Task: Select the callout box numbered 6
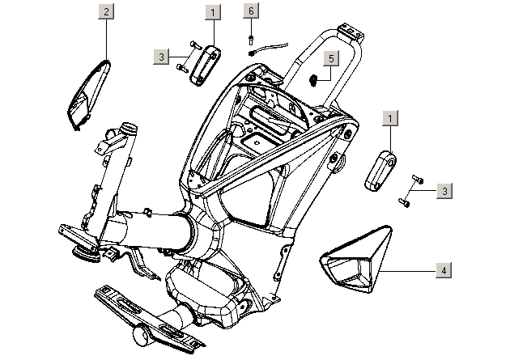point(251,11)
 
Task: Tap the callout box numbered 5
point(330,58)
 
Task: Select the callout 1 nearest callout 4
point(390,119)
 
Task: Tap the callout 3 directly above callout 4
point(444,191)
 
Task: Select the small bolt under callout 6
point(252,35)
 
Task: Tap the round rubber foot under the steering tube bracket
point(84,255)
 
